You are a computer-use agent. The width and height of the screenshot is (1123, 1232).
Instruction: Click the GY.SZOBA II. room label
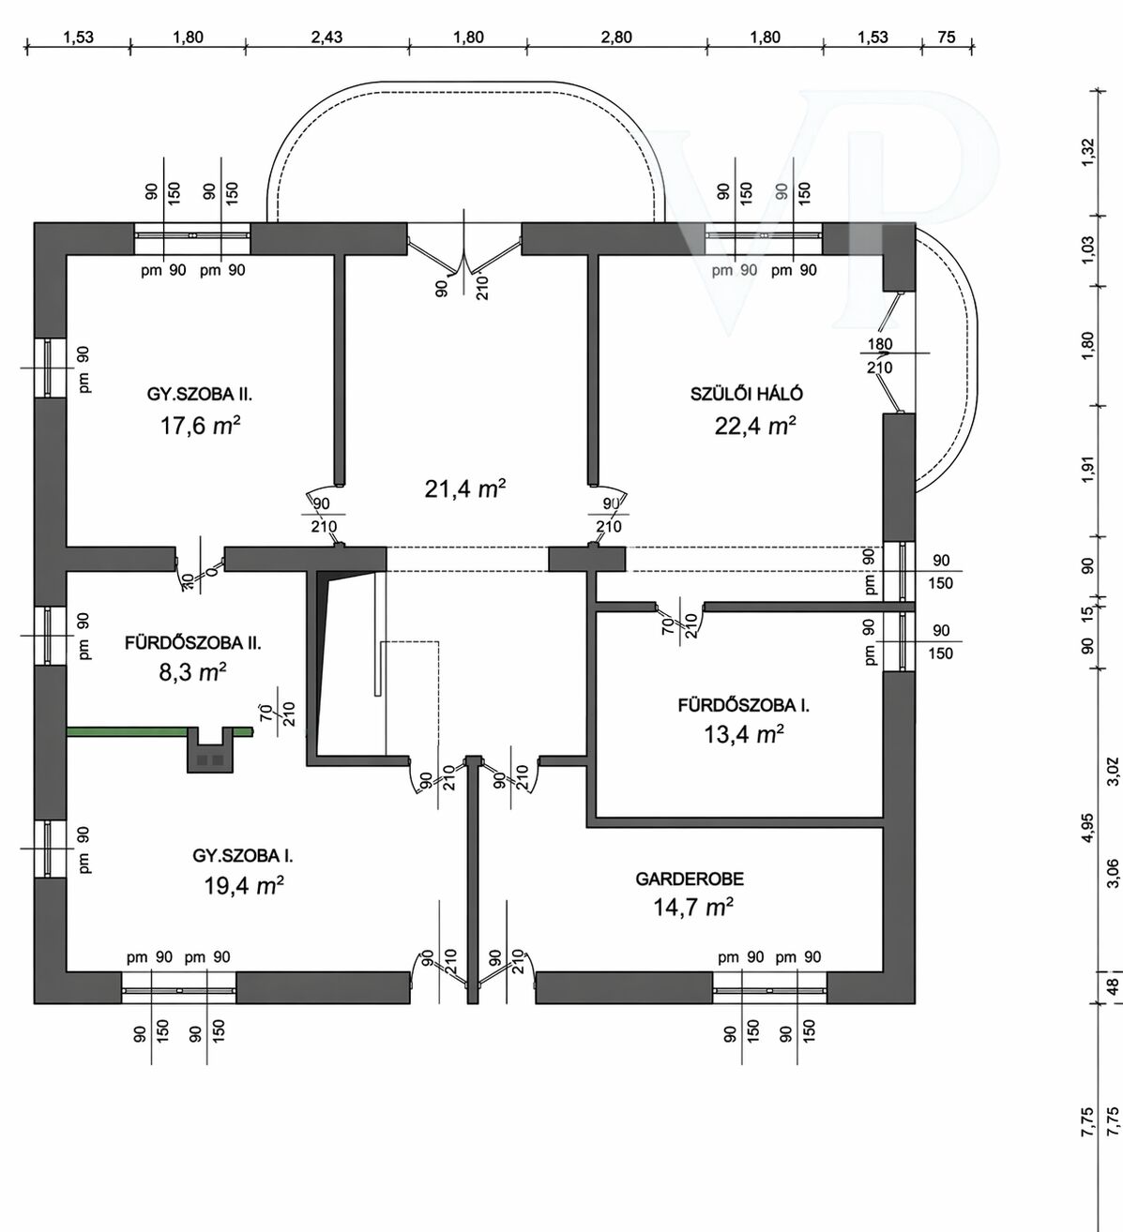pyautogui.click(x=199, y=394)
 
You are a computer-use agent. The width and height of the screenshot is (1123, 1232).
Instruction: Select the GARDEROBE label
pyautogui.click(x=689, y=879)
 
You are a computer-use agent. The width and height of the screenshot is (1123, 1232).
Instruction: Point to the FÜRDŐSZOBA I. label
pyautogui.click(x=743, y=704)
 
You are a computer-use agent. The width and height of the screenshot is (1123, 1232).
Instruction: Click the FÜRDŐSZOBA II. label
pyautogui.click(x=192, y=643)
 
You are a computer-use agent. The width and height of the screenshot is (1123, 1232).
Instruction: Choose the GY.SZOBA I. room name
pyautogui.click(x=243, y=855)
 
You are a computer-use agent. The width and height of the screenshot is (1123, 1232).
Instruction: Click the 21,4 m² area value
pyautogui.click(x=464, y=488)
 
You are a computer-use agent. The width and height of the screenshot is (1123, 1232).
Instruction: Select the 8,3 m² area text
pyautogui.click(x=192, y=672)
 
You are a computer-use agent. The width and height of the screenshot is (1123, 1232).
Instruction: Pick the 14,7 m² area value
pyautogui.click(x=692, y=907)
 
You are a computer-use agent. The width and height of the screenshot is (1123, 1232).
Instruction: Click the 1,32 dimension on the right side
pyautogui.click(x=1088, y=152)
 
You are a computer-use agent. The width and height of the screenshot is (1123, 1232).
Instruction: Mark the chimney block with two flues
pyautogui.click(x=209, y=749)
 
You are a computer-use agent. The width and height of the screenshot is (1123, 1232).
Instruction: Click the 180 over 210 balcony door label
pyautogui.click(x=880, y=355)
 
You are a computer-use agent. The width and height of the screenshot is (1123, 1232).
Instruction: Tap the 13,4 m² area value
pyautogui.click(x=743, y=733)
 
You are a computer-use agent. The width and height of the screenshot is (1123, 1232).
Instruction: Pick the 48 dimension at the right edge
pyautogui.click(x=1113, y=987)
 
